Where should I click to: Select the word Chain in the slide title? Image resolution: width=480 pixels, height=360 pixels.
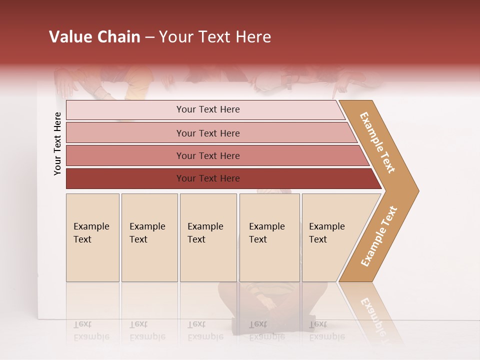[117, 37]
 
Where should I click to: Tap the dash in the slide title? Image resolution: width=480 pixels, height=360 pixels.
[149, 37]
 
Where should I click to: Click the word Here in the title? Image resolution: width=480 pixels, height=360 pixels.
[253, 37]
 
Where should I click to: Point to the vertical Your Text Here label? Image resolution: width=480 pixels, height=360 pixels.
[57, 143]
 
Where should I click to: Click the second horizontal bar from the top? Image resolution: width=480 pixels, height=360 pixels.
[207, 133]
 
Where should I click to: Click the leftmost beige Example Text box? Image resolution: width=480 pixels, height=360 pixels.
[92, 237]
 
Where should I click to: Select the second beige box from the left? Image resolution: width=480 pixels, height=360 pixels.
[149, 237]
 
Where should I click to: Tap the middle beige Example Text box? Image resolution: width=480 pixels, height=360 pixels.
[208, 237]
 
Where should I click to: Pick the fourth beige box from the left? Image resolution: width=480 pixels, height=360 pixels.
[269, 237]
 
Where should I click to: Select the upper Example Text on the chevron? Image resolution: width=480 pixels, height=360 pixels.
[378, 142]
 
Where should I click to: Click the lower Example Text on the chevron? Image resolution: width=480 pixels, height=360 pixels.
[378, 236]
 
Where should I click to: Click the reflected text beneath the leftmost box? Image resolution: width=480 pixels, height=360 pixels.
[91, 330]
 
